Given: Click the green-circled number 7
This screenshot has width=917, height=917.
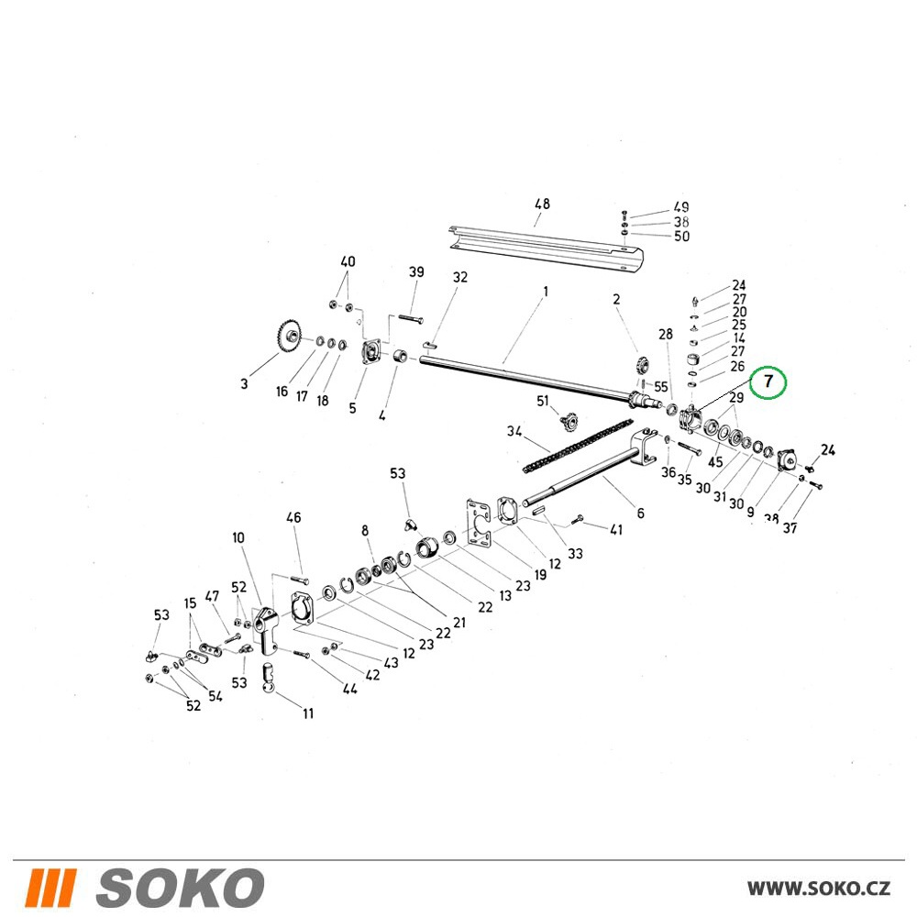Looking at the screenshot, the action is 768,381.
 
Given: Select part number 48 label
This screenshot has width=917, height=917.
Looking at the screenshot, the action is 542,204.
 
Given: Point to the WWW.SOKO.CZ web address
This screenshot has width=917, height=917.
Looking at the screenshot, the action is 819,889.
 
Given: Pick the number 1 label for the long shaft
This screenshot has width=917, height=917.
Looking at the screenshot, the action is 546,291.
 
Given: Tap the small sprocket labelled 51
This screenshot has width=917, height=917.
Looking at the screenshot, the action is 567,421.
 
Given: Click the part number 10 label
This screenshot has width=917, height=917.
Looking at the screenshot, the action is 238,537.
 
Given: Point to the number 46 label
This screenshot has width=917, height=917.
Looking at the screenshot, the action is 293,517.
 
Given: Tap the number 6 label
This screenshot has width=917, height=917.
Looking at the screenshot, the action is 641,513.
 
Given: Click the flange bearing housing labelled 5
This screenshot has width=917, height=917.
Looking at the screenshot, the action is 370,353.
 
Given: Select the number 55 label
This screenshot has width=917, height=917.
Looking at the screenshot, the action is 661,387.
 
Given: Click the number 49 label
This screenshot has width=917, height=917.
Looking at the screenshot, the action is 681,207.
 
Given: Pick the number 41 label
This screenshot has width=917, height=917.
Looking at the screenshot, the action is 616,529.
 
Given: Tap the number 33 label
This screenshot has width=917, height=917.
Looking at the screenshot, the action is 576,553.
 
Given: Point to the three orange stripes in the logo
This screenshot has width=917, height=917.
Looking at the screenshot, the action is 50,888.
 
